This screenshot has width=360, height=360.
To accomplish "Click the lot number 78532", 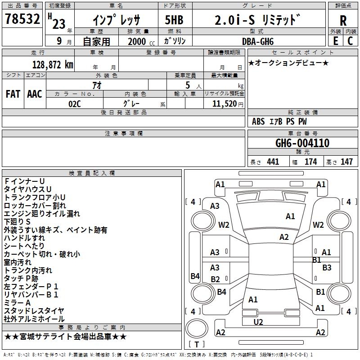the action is click(22, 18).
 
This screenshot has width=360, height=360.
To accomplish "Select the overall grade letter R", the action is click(343, 21).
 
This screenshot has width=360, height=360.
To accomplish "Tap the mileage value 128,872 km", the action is click(53, 65).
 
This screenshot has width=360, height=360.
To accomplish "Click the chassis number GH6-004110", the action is click(302, 143).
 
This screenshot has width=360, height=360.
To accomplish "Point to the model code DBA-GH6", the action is click(258, 41).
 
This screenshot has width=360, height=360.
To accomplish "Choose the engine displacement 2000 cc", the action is click(141, 41).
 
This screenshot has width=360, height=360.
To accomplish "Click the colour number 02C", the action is click(75, 104).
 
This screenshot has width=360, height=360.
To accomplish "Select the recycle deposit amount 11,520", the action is click(225, 104).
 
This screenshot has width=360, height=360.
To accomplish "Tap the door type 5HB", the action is click(174, 20).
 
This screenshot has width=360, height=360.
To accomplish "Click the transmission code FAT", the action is click(13, 94).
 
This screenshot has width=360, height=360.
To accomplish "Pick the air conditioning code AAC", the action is click(35, 94).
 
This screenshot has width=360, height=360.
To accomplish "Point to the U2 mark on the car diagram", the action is click(258, 322).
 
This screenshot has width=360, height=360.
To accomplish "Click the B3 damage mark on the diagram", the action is click(327, 267).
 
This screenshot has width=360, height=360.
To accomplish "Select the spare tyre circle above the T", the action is click(197, 328).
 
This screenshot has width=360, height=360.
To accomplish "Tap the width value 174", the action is click(310, 162).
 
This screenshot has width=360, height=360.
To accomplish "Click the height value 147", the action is click(346, 162).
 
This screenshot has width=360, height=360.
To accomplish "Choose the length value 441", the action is click(273, 162).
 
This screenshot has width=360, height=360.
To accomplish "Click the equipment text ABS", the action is click(258, 121).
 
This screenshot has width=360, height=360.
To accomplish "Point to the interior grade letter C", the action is click(350, 41).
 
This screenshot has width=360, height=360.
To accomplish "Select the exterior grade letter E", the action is click(336, 41).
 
